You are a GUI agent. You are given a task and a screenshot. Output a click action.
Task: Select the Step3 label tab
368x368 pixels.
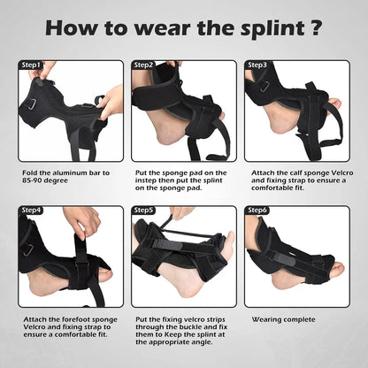[257, 65]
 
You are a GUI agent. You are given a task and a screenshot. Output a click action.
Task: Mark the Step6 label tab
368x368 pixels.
[257, 211]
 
